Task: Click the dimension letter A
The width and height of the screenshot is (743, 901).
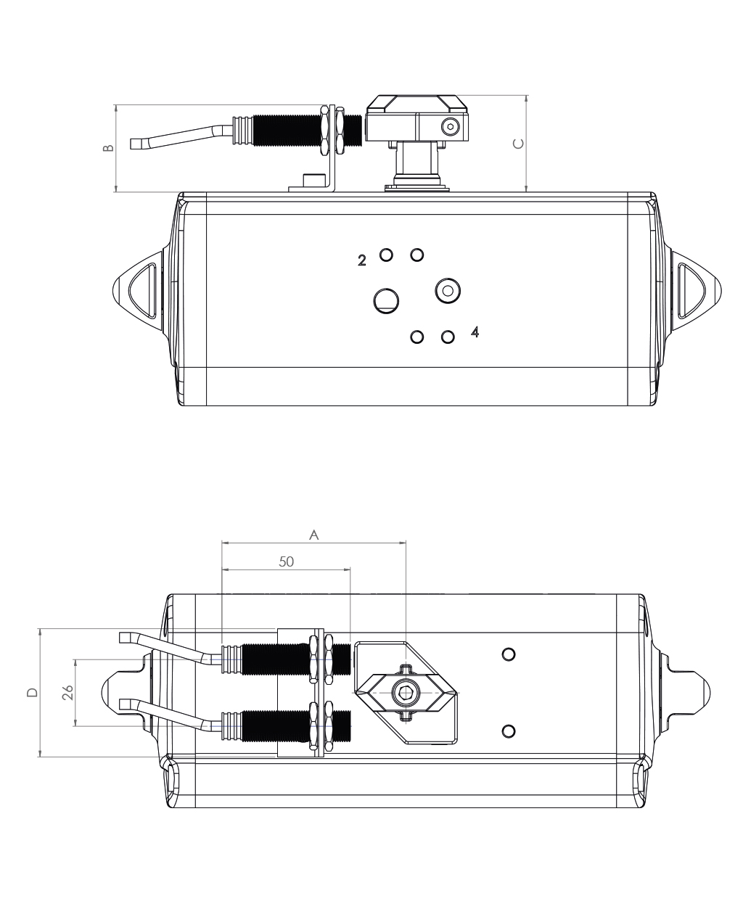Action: [314, 535]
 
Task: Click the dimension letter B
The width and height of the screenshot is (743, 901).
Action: [108, 147]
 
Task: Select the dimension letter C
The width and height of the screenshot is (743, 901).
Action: [518, 144]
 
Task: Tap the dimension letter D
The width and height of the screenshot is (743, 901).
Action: [33, 693]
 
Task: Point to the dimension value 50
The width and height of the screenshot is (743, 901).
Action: [286, 561]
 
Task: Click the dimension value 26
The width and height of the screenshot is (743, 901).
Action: [67, 693]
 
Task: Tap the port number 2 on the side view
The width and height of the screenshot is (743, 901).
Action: [362, 260]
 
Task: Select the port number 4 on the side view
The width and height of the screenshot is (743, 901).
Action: [475, 332]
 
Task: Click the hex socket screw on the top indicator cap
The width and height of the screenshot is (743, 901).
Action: [450, 126]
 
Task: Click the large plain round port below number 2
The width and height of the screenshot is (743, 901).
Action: [386, 301]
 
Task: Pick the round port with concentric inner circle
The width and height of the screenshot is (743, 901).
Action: [448, 290]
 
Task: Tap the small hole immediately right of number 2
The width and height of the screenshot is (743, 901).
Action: [386, 255]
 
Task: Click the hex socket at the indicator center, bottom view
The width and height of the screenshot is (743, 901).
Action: [406, 693]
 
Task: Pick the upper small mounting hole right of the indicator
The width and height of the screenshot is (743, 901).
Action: [509, 654]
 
